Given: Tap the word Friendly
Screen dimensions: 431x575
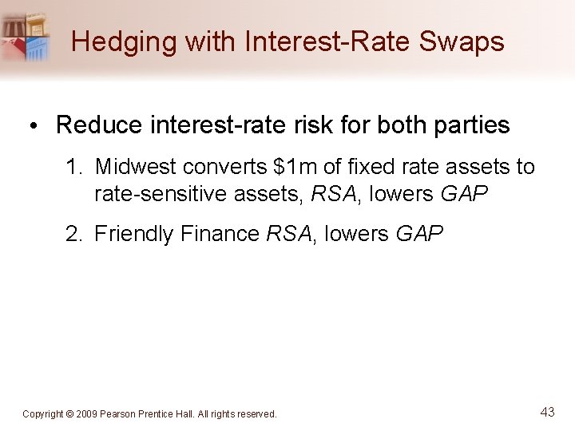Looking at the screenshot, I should (x=133, y=234).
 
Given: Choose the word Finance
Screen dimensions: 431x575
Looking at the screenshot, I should (x=220, y=234).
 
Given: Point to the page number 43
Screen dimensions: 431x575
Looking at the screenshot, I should (x=547, y=412).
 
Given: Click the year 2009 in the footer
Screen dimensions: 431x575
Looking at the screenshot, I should (x=86, y=414).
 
